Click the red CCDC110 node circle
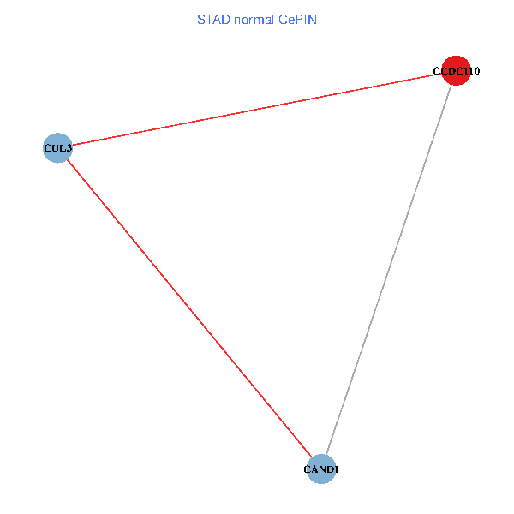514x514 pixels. [x=456, y=72]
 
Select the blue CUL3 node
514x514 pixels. [x=57, y=147]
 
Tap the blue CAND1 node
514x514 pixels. [x=321, y=469]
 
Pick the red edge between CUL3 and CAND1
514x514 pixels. [x=188, y=308]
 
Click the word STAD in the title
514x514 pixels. [x=213, y=19]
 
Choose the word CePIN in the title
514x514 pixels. [x=298, y=19]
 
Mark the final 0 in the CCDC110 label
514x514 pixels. [x=475, y=72]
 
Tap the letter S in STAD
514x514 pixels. [x=201, y=19]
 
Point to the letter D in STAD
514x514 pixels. [x=225, y=19]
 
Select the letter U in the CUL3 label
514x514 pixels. [x=55, y=148]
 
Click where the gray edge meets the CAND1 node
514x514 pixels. [x=326, y=456]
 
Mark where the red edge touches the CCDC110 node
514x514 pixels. [x=442, y=75]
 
